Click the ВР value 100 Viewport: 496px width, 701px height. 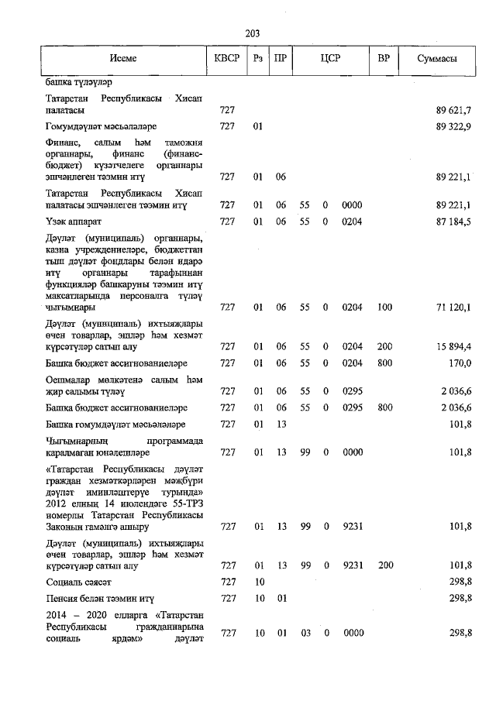point(385,308)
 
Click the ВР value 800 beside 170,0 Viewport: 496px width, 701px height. point(385,363)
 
